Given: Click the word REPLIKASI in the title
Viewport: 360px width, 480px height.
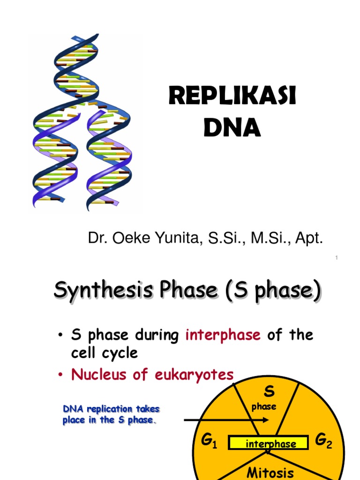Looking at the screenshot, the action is click(232, 97).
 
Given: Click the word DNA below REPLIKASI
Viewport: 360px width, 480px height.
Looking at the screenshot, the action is click(232, 127).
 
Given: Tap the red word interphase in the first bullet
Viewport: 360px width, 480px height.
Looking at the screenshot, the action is click(223, 335).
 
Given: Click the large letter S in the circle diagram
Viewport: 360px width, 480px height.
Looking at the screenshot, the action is click(269, 391).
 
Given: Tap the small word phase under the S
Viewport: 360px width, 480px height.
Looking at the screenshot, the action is click(264, 407).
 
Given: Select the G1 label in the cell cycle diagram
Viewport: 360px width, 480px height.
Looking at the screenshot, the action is click(209, 441).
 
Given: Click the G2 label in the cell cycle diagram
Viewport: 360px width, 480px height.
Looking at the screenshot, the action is click(323, 441).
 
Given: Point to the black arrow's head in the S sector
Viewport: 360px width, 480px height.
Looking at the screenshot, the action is click(266, 420).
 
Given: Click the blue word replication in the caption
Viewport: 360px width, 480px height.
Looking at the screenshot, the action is click(105, 409).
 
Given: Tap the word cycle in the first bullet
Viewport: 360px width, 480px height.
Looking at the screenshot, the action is click(118, 352).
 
